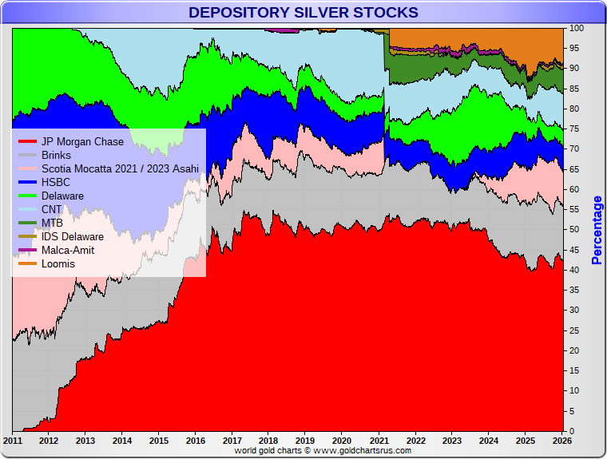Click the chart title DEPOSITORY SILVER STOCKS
pos(303,12)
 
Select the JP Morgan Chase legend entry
pos(82,142)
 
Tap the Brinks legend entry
pos(56,156)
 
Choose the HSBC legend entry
pos(56,183)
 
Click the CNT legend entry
pos(51,210)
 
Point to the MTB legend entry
pos(52,224)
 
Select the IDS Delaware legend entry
pos(72,237)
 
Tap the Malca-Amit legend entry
pos(68,251)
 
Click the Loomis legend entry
pos(58,264)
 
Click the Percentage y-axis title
pos(597,230)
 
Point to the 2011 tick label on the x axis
pos(13,441)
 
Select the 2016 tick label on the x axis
pos(195,441)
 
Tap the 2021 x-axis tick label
pos(379,441)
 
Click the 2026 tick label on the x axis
pos(561,441)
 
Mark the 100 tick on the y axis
pos(576,28)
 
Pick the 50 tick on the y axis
pos(574,230)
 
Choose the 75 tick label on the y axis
pos(574,129)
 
